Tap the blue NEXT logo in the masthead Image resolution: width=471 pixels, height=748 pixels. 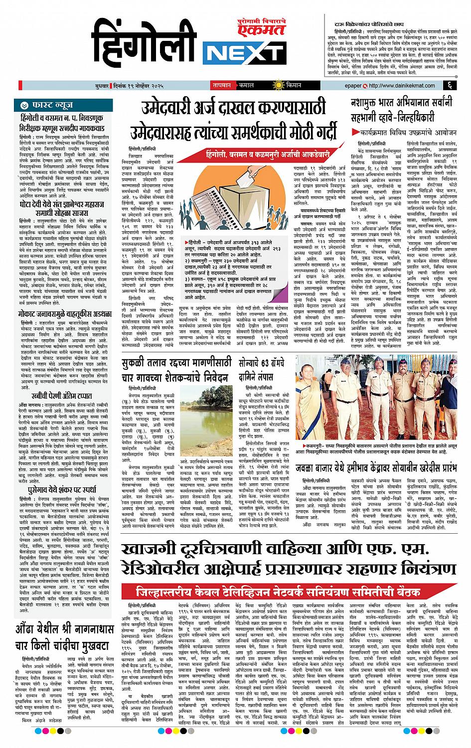(244, 52)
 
